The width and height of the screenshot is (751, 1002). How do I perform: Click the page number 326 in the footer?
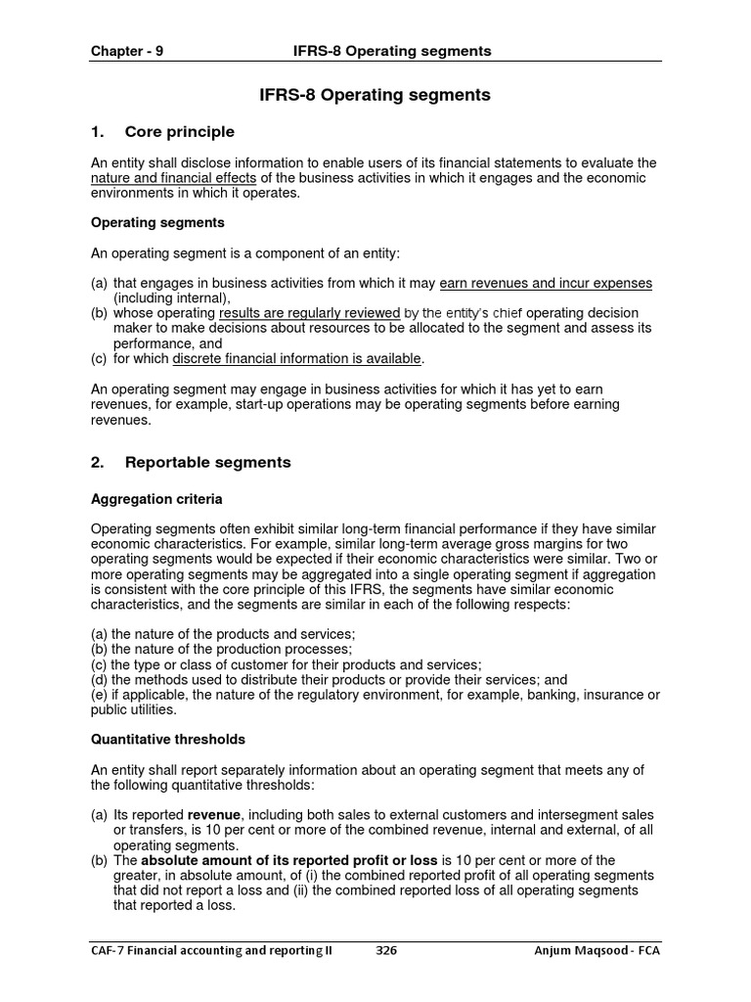386,950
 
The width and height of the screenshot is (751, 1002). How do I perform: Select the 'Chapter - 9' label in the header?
127,51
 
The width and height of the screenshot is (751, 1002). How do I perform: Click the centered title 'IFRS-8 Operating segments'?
375,95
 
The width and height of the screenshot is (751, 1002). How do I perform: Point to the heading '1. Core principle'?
162,132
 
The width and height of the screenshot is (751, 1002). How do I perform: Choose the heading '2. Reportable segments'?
191,462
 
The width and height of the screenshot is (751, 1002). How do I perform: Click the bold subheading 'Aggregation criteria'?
156,499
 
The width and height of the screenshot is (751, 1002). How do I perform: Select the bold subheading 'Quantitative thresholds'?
168,739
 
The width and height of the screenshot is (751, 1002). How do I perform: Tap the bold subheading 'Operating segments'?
157,223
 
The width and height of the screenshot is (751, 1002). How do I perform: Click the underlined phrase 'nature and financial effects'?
173,178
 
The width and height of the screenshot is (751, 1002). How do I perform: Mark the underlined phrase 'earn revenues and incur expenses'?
546,283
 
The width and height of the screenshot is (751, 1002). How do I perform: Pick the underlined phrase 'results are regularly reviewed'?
309,313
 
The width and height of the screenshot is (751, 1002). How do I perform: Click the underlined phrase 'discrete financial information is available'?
297,359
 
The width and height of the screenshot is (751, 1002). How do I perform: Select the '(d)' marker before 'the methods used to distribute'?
99,680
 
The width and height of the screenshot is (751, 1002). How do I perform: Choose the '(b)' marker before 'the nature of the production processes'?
99,649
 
